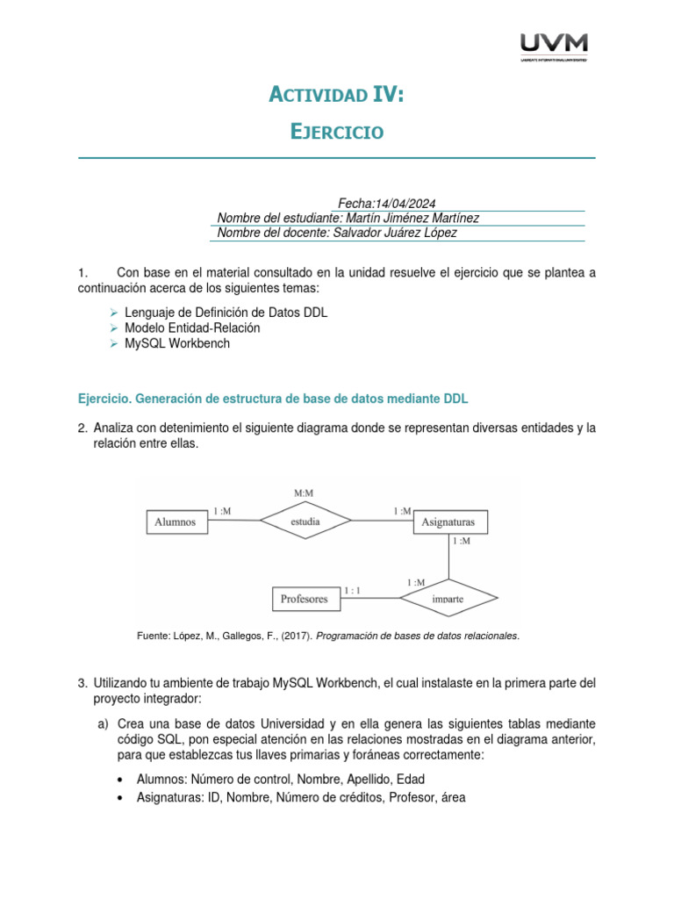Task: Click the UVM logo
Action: click(x=554, y=47)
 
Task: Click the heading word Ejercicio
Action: click(x=337, y=132)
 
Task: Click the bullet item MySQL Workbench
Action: click(x=177, y=343)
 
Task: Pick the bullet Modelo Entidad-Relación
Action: click(x=192, y=327)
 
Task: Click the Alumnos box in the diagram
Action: click(x=176, y=521)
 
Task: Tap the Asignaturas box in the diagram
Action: click(x=449, y=521)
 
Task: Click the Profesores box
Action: click(x=304, y=599)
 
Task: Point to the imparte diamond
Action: click(x=448, y=599)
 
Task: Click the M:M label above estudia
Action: click(x=305, y=493)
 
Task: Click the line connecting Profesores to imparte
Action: click(x=369, y=599)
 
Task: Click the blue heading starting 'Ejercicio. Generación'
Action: click(x=274, y=399)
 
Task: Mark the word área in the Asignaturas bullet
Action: click(x=450, y=797)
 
